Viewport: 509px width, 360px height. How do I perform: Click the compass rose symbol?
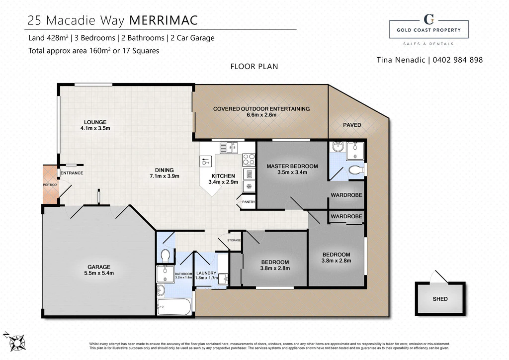pos(15,342)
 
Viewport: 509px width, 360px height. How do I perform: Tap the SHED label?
pos(440,299)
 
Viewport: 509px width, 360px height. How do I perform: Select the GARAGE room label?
pos(99,267)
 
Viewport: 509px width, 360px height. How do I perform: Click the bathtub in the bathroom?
pos(174,307)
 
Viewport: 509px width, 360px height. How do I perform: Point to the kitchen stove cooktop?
pos(249,160)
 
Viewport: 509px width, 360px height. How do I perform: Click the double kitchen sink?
pos(229,148)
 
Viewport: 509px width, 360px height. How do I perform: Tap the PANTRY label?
pos(249,202)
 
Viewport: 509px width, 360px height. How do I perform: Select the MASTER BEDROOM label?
pos(292,166)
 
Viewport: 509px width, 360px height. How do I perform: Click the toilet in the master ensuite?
pos(356,170)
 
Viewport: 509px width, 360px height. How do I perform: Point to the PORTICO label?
pos(50,184)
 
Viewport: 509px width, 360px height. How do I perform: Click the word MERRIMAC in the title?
pos(164,20)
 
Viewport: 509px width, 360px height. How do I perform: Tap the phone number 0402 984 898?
pos(458,60)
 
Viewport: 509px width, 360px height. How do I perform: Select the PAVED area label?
pos(352,125)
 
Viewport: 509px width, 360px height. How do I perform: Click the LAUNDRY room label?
pos(206,273)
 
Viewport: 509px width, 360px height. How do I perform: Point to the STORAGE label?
pos(234,240)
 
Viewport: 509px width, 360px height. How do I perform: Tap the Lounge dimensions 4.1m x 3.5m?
pos(95,128)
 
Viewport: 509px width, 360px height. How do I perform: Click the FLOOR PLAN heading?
pos(254,67)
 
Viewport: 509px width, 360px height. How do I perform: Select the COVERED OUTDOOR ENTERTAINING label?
pos(261,109)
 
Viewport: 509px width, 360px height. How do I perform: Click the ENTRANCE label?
pos(72,173)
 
